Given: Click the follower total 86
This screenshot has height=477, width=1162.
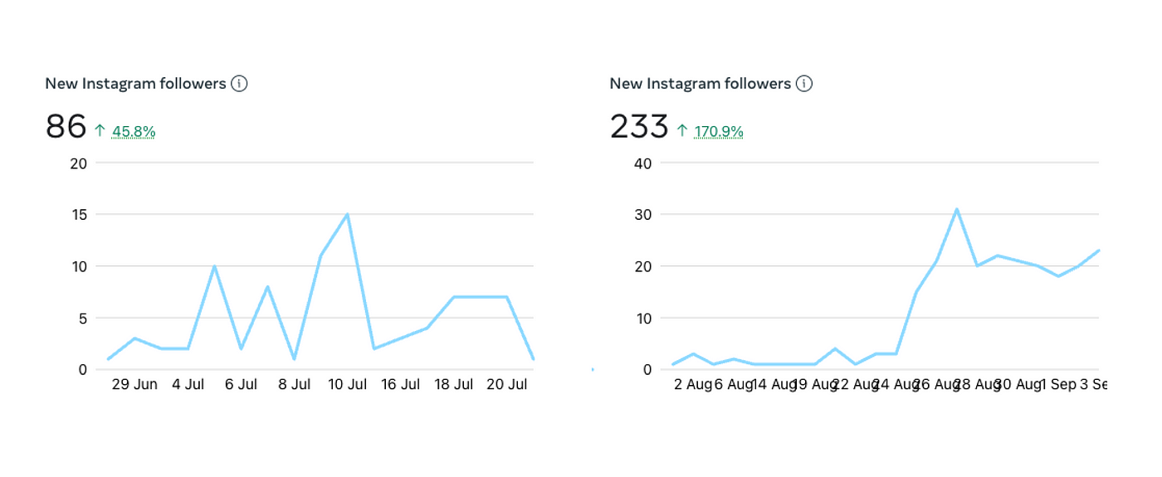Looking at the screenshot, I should pyautogui.click(x=66, y=127).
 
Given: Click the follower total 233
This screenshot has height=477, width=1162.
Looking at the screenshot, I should pyautogui.click(x=638, y=127).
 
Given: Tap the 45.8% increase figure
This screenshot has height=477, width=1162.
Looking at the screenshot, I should pyautogui.click(x=134, y=131).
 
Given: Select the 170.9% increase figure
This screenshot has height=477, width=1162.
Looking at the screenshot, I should pyautogui.click(x=719, y=131).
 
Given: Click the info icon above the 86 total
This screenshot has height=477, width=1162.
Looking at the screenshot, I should pyautogui.click(x=239, y=84).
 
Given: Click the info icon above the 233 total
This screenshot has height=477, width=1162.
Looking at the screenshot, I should pyautogui.click(x=803, y=84).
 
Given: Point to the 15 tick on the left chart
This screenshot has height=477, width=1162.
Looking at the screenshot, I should pyautogui.click(x=79, y=215).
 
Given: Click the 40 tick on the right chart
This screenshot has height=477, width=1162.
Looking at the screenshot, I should pyautogui.click(x=642, y=163).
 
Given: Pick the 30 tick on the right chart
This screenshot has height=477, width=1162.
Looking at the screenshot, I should pyautogui.click(x=642, y=215).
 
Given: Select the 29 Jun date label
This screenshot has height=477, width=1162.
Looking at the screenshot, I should pyautogui.click(x=134, y=385).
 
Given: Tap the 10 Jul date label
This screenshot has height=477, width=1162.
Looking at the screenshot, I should pyautogui.click(x=347, y=385).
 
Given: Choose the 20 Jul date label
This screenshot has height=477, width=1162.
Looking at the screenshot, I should pyautogui.click(x=506, y=385).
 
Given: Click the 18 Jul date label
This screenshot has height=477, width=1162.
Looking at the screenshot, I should pyautogui.click(x=453, y=385).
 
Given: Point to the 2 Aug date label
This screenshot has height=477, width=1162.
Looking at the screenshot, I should pyautogui.click(x=692, y=385).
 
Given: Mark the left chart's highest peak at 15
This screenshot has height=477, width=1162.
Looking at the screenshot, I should pyautogui.click(x=347, y=214).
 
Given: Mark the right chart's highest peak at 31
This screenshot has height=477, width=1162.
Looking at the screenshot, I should pyautogui.click(x=957, y=209).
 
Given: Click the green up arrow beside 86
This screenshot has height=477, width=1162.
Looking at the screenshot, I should pyautogui.click(x=100, y=130).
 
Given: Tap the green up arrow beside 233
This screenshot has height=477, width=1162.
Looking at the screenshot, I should pyautogui.click(x=681, y=130).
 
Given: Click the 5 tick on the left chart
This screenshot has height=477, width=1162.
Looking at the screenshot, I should pyautogui.click(x=82, y=318).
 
